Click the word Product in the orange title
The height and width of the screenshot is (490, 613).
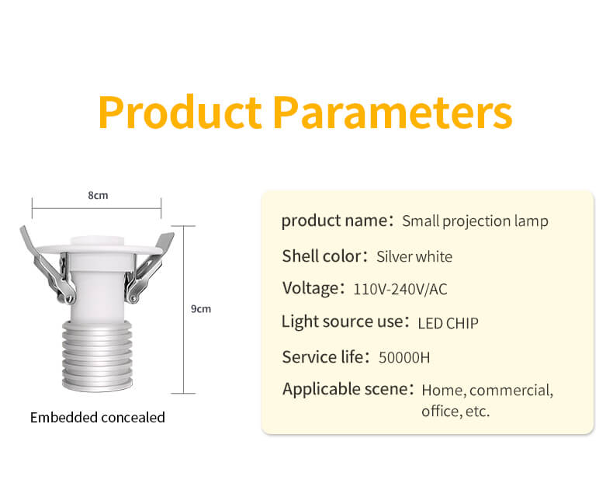[180, 113]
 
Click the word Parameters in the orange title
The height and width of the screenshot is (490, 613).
[393, 113]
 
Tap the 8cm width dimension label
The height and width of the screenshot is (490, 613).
[98, 195]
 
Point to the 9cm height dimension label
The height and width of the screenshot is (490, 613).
[201, 309]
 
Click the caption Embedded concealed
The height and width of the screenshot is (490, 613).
[98, 417]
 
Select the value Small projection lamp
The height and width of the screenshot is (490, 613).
[475, 221]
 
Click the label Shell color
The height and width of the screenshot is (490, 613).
[322, 256]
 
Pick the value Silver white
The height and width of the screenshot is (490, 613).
[414, 257]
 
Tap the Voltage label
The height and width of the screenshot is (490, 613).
[311, 288]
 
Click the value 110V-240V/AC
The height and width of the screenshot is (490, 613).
[400, 290]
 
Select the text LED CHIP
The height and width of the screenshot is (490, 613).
[448, 323]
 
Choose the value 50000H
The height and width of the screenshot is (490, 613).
[404, 358]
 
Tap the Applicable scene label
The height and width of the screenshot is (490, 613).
[345, 389]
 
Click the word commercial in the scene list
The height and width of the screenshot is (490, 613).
[511, 391]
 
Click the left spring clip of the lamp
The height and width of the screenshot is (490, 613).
[48, 266]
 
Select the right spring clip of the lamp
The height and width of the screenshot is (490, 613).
[148, 267]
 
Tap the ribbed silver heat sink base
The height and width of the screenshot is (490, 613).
[97, 356]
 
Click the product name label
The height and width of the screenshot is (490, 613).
[334, 221]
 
